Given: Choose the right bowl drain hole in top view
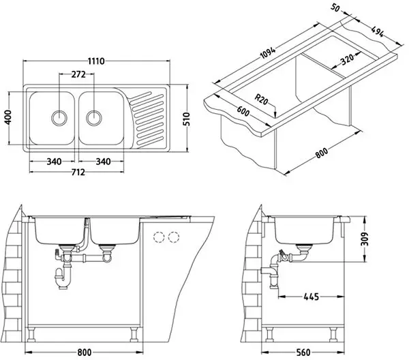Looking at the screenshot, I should pyautogui.click(x=93, y=117).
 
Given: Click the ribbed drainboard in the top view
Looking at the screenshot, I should pyautogui.click(x=148, y=116).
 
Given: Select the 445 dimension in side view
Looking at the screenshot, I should pyautogui.click(x=310, y=297).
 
